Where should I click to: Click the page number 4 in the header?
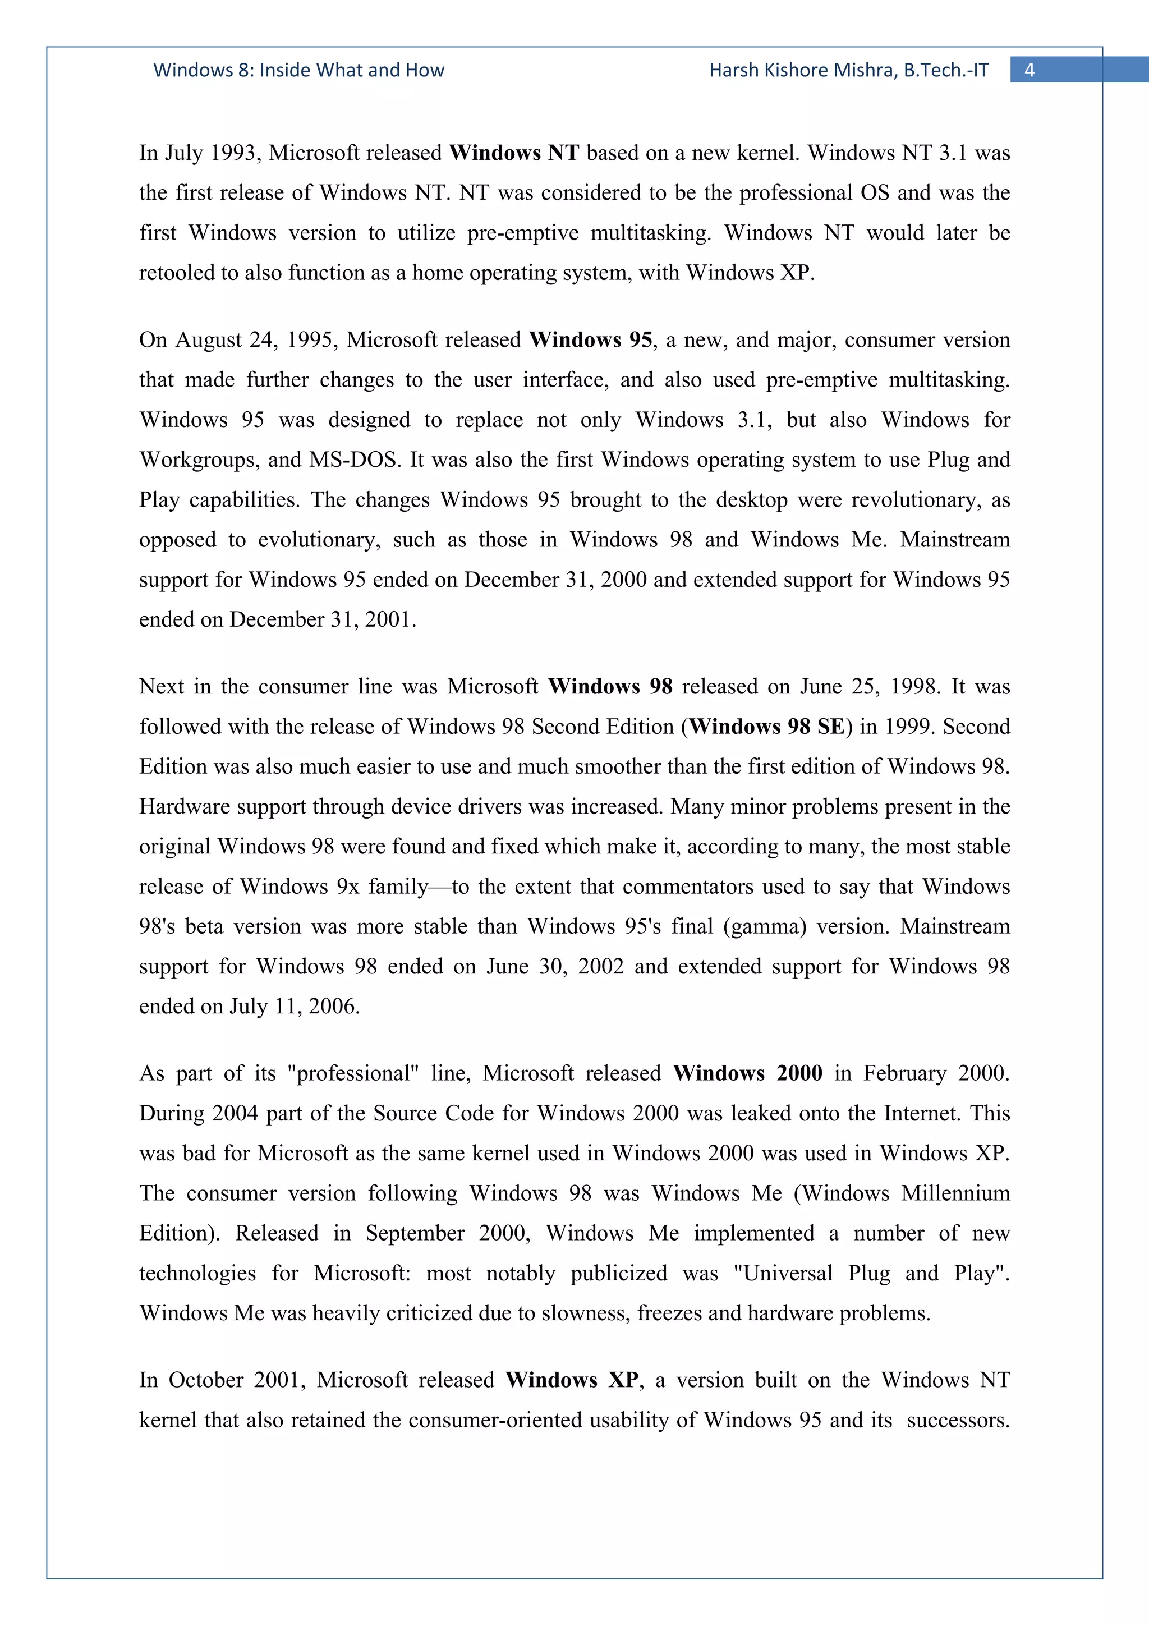(1029, 70)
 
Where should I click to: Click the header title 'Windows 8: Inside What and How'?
(299, 70)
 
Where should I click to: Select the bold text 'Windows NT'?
(514, 153)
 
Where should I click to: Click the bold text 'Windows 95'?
(590, 340)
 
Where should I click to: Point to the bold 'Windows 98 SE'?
(767, 727)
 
